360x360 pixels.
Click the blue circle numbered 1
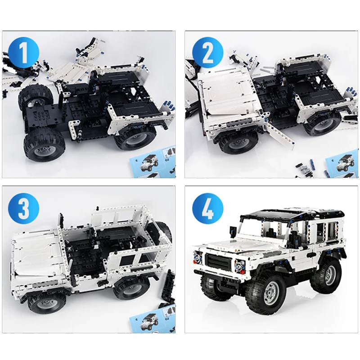24,52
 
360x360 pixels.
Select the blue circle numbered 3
24,208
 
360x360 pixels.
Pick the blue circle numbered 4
208,208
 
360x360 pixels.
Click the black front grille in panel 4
218,262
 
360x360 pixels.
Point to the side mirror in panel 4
233,230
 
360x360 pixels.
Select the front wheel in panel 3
44,303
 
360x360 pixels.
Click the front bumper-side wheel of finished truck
266,292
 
